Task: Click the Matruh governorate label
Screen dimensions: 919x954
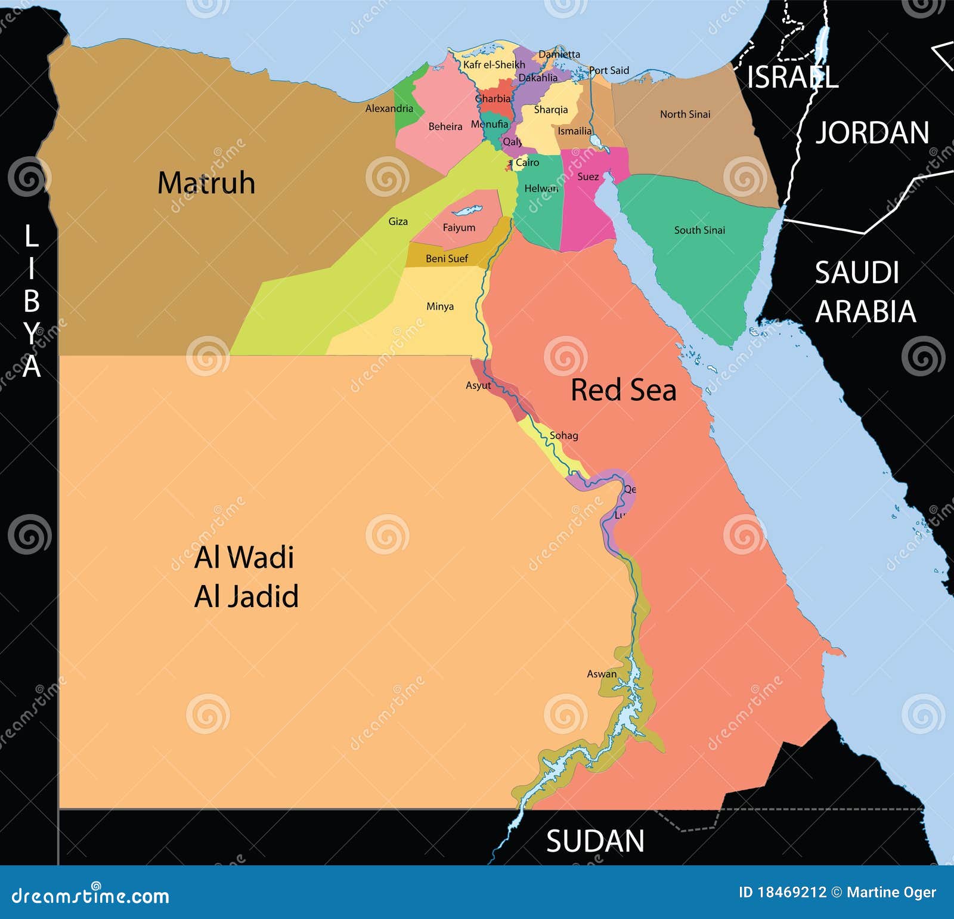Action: (x=206, y=183)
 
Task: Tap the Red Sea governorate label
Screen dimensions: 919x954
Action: (x=623, y=390)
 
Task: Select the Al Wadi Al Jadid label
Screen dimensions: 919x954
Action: (x=246, y=577)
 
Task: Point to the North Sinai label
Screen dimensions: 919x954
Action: (x=685, y=114)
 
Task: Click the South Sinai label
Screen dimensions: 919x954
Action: (x=699, y=230)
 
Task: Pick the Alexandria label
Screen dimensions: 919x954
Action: (x=389, y=109)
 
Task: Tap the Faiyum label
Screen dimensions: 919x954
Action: (x=459, y=228)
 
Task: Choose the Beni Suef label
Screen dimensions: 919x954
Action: (x=447, y=258)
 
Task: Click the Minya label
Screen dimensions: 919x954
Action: (x=440, y=307)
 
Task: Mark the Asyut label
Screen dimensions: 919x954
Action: (x=478, y=385)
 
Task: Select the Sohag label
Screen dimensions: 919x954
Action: (x=563, y=435)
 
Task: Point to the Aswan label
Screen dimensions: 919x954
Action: (x=602, y=674)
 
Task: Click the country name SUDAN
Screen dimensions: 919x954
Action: (x=595, y=841)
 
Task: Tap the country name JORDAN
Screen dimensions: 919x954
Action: (x=872, y=132)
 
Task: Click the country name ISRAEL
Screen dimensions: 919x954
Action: (x=792, y=78)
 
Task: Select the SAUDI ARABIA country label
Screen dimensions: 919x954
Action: (x=864, y=292)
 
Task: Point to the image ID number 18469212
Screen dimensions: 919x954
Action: (x=791, y=892)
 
